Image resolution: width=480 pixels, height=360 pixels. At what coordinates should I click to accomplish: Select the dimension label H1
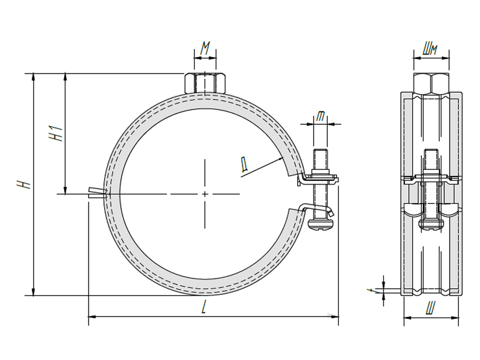coord(57,133)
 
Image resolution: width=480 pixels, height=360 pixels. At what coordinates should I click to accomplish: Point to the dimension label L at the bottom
coord(204,308)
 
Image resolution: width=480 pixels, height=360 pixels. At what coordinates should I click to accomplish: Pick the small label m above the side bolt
coord(320,116)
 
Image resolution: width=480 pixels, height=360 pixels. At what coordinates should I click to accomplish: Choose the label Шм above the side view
coord(431,49)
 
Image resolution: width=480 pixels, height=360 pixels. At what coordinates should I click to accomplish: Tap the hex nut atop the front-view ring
coord(205,83)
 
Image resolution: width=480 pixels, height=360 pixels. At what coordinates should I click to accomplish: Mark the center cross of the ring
coord(205,194)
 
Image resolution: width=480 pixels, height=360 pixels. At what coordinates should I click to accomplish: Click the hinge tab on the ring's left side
coord(98,193)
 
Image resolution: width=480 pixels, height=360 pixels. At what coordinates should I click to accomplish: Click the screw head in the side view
coord(431,224)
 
